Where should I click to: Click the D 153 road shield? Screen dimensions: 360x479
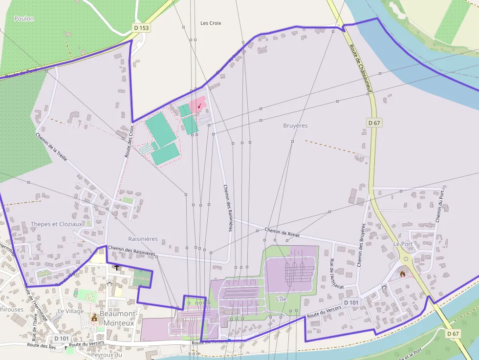(141, 28)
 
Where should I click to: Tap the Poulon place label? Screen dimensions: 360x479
(24, 19)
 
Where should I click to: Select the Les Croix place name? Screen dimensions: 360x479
(211, 23)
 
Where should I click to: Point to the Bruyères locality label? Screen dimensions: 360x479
(295, 126)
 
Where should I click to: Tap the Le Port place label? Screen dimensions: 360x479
(403, 243)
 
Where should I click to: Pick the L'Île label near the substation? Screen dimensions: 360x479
(282, 298)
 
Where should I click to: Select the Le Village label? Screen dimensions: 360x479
(71, 311)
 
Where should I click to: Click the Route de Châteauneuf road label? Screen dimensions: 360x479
(362, 68)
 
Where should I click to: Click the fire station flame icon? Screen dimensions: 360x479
(402, 274)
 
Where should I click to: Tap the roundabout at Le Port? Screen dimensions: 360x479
(406, 259)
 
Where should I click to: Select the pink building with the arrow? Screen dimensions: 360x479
(198, 105)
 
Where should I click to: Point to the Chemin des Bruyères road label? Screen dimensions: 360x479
(362, 245)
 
